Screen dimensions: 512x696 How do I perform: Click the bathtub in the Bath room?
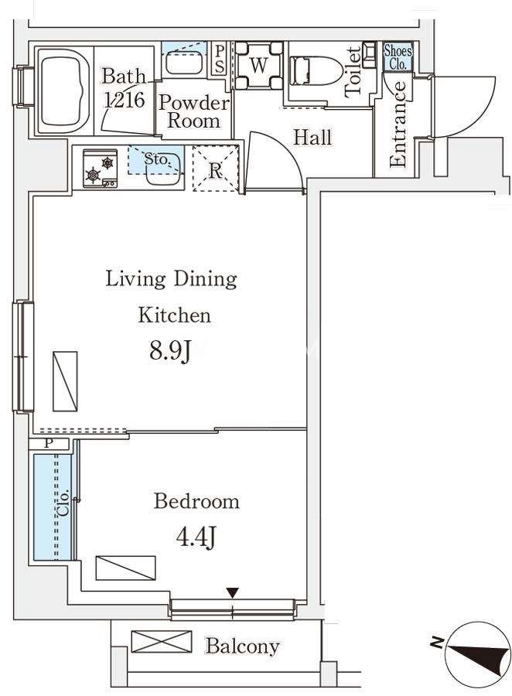(65, 90)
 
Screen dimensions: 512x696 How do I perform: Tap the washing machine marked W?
(258, 65)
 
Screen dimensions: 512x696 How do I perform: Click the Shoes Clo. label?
(398, 56)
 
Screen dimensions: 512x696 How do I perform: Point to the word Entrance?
(398, 124)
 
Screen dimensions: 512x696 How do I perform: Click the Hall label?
(312, 137)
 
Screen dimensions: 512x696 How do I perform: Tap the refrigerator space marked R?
(215, 169)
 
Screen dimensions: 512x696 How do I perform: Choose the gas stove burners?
(101, 169)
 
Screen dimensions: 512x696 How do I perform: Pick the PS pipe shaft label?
(220, 60)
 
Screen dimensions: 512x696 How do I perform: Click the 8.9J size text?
(170, 352)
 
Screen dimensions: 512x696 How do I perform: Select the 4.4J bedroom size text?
(196, 538)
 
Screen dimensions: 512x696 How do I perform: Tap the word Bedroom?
(196, 502)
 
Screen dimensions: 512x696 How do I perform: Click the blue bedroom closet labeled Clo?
(53, 507)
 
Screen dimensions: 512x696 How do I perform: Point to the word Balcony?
(242, 646)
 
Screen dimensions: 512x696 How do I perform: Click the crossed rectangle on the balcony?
(161, 642)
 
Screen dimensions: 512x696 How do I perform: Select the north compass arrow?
(478, 656)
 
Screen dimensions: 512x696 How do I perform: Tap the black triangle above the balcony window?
(232, 592)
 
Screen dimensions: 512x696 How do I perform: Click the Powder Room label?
(193, 111)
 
